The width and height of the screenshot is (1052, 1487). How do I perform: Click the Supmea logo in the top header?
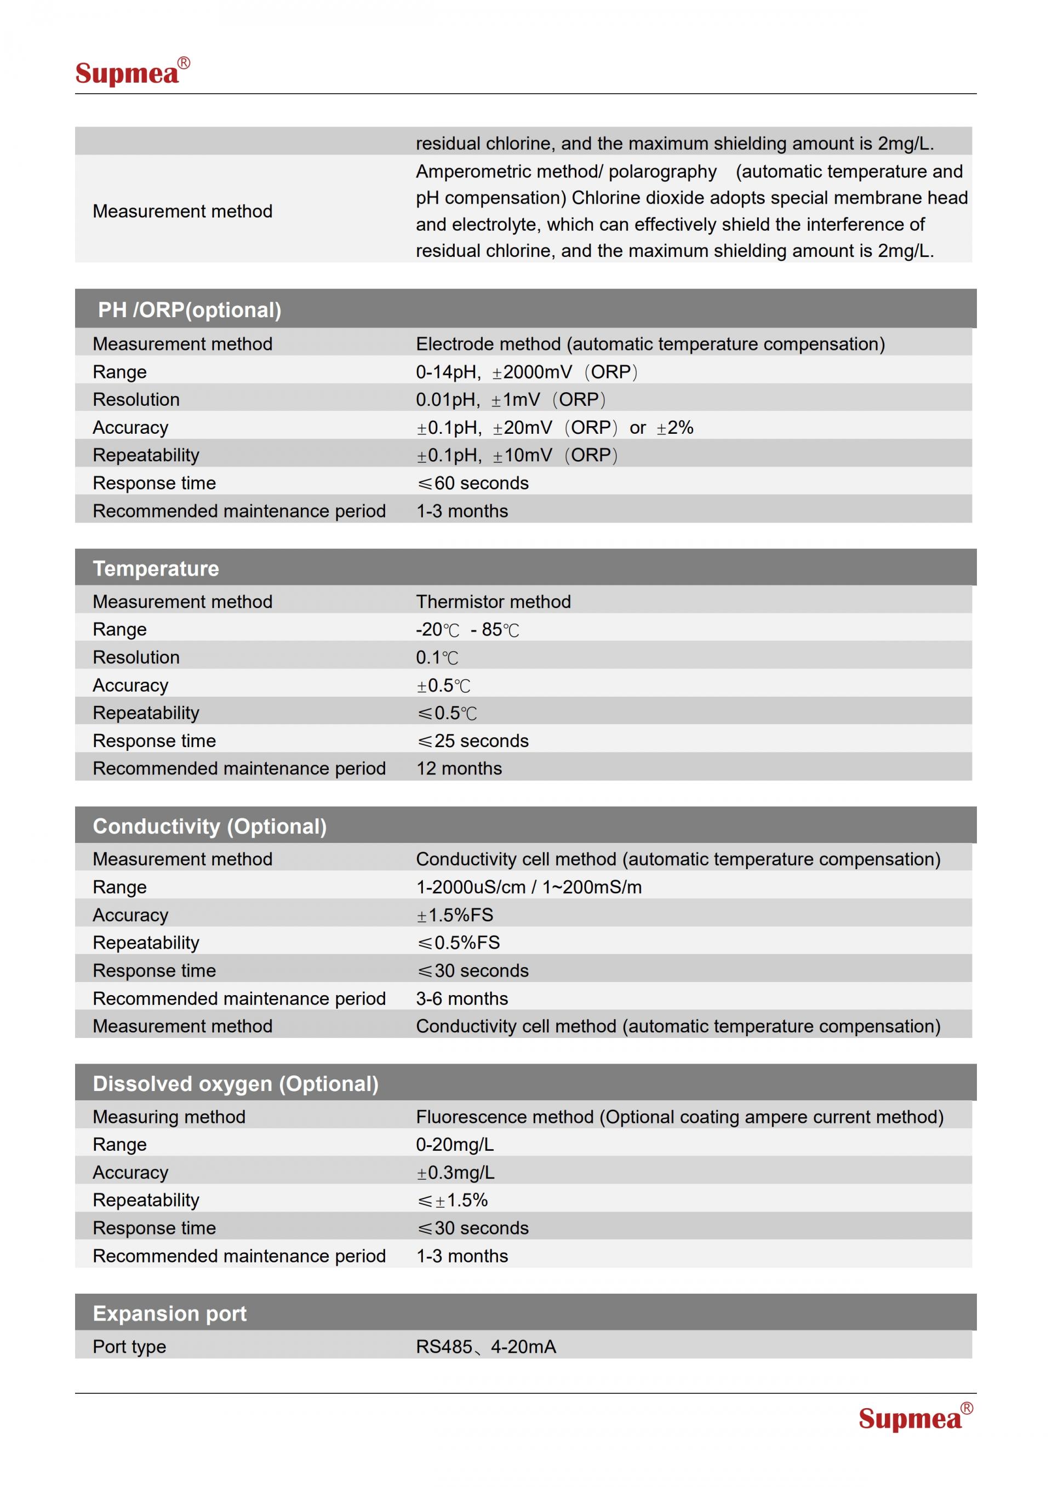(132, 72)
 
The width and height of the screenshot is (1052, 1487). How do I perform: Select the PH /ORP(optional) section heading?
(189, 309)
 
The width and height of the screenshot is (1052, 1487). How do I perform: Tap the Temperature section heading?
(156, 568)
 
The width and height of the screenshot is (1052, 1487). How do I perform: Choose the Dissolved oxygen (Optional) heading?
(235, 1083)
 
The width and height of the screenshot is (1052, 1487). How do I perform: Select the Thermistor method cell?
(493, 602)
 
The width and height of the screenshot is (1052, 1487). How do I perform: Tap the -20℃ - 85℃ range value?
(467, 629)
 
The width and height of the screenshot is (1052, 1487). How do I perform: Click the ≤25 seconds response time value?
(472, 740)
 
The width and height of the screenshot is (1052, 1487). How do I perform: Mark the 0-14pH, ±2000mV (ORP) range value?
(526, 372)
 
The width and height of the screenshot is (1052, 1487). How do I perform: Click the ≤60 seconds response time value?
(472, 483)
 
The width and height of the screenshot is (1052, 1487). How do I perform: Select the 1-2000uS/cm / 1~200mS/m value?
(529, 887)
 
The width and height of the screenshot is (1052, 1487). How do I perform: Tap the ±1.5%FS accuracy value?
(454, 915)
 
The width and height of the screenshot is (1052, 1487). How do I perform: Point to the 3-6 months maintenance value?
(462, 998)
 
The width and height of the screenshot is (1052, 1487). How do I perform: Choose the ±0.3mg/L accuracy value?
(455, 1172)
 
